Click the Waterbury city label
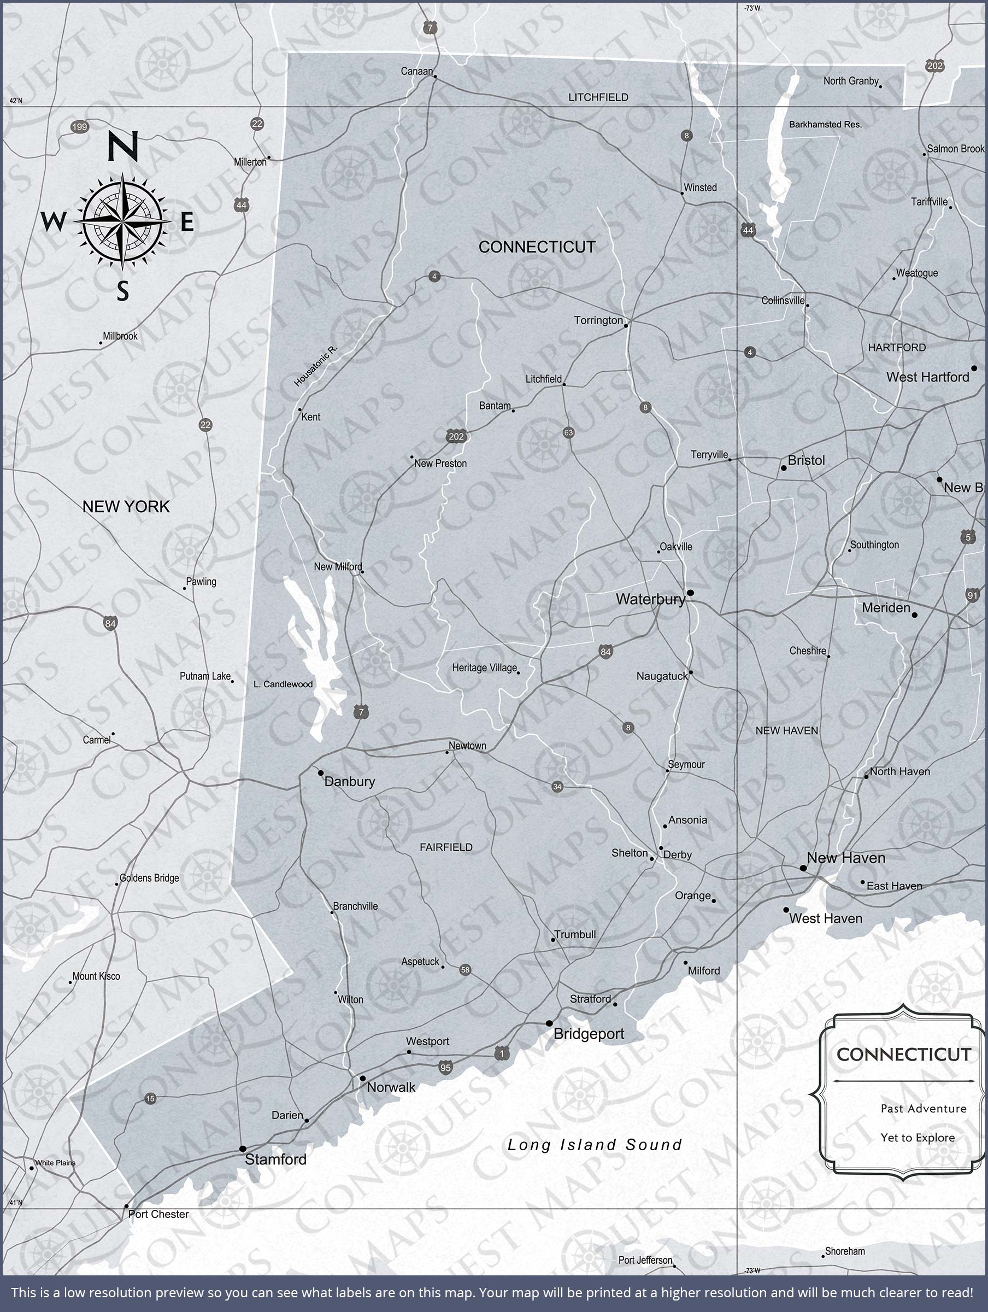pos(650,599)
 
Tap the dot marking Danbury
pos(321,773)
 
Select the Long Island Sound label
pos(594,1145)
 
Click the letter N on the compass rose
pos(123,147)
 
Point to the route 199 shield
pos(79,126)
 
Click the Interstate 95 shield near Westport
pos(445,1068)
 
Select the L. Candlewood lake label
pos(283,684)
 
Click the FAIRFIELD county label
pos(446,847)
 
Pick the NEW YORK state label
pos(126,507)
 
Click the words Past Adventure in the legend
pos(923,1109)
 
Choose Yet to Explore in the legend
pos(918,1138)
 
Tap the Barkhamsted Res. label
pos(825,125)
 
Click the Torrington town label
pos(598,320)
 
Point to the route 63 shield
pos(568,432)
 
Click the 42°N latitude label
pos(16,101)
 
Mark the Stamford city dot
pos(243,1149)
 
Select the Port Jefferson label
pos(645,1260)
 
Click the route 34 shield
pos(557,787)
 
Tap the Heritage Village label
pos(484,668)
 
